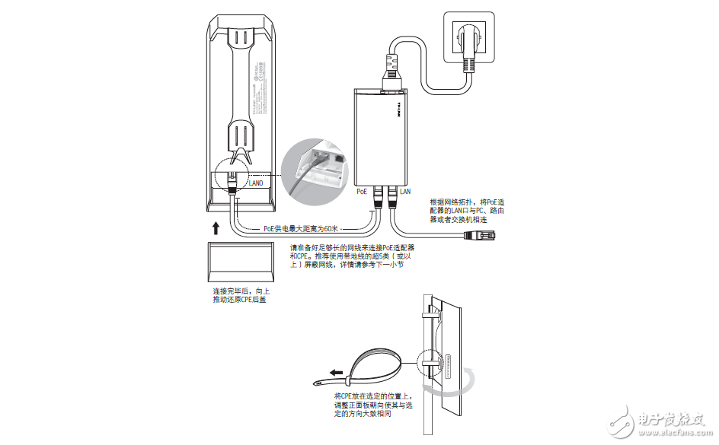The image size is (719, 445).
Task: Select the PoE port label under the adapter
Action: pyautogui.click(x=363, y=192)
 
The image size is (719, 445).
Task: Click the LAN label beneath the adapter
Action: pyautogui.click(x=405, y=192)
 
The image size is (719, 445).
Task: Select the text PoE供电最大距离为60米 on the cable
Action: pyautogui.click(x=299, y=228)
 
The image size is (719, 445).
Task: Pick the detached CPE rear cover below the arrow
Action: pyautogui.click(x=241, y=262)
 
